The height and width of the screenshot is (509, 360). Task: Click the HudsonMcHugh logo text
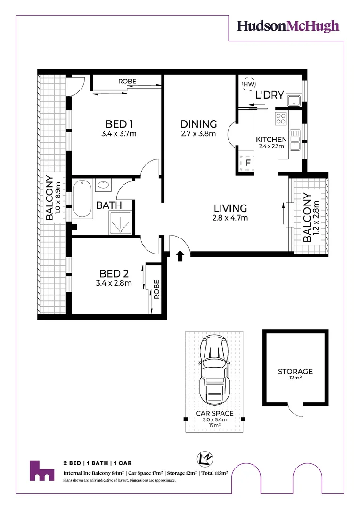(x=288, y=26)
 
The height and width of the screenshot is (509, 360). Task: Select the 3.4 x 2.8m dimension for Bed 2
(x=114, y=283)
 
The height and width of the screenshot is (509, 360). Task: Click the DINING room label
(x=199, y=124)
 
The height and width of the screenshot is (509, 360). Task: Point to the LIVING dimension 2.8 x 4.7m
(x=230, y=218)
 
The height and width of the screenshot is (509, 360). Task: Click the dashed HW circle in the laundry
(x=249, y=84)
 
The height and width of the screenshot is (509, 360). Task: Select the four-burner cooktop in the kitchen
(x=281, y=118)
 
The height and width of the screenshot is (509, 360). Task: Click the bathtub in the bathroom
(x=82, y=199)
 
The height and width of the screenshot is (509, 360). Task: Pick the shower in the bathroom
(x=121, y=222)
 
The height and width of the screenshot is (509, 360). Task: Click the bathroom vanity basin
(x=103, y=185)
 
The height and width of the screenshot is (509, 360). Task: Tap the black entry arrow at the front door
(x=180, y=255)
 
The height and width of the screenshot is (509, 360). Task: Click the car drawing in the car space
(x=214, y=370)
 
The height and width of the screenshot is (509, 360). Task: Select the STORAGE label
(x=295, y=371)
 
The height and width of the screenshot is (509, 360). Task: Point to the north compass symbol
(x=205, y=459)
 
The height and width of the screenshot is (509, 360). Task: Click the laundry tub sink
(x=294, y=101)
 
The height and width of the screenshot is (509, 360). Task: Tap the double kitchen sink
(x=295, y=140)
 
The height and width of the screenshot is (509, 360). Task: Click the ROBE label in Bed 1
(x=127, y=81)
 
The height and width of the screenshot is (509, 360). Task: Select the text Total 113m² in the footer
(x=214, y=473)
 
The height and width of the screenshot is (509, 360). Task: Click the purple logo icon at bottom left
(x=42, y=471)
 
